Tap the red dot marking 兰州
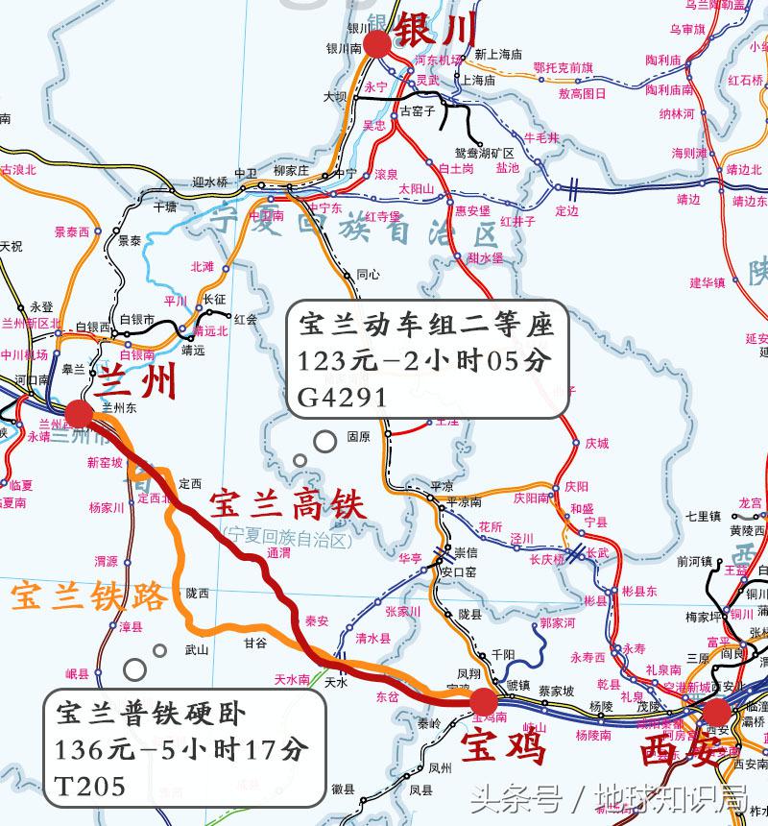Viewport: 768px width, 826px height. (x=79, y=414)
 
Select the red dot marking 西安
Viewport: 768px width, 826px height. (x=715, y=712)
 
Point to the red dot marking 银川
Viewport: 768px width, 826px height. (x=375, y=42)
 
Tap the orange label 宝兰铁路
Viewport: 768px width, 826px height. (x=88, y=597)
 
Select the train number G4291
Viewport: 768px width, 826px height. (x=343, y=398)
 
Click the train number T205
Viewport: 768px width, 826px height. (x=90, y=787)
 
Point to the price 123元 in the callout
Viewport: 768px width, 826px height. (x=329, y=362)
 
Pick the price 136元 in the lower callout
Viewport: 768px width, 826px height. (x=87, y=750)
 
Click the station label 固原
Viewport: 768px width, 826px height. (x=358, y=436)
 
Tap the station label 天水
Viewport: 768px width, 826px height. (x=335, y=682)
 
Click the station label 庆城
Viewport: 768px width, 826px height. (x=596, y=444)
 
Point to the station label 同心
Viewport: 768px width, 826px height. (x=368, y=274)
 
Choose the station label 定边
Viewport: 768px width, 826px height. (x=567, y=210)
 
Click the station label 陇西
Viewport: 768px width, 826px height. (x=198, y=593)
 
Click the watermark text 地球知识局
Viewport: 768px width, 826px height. (x=671, y=796)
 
